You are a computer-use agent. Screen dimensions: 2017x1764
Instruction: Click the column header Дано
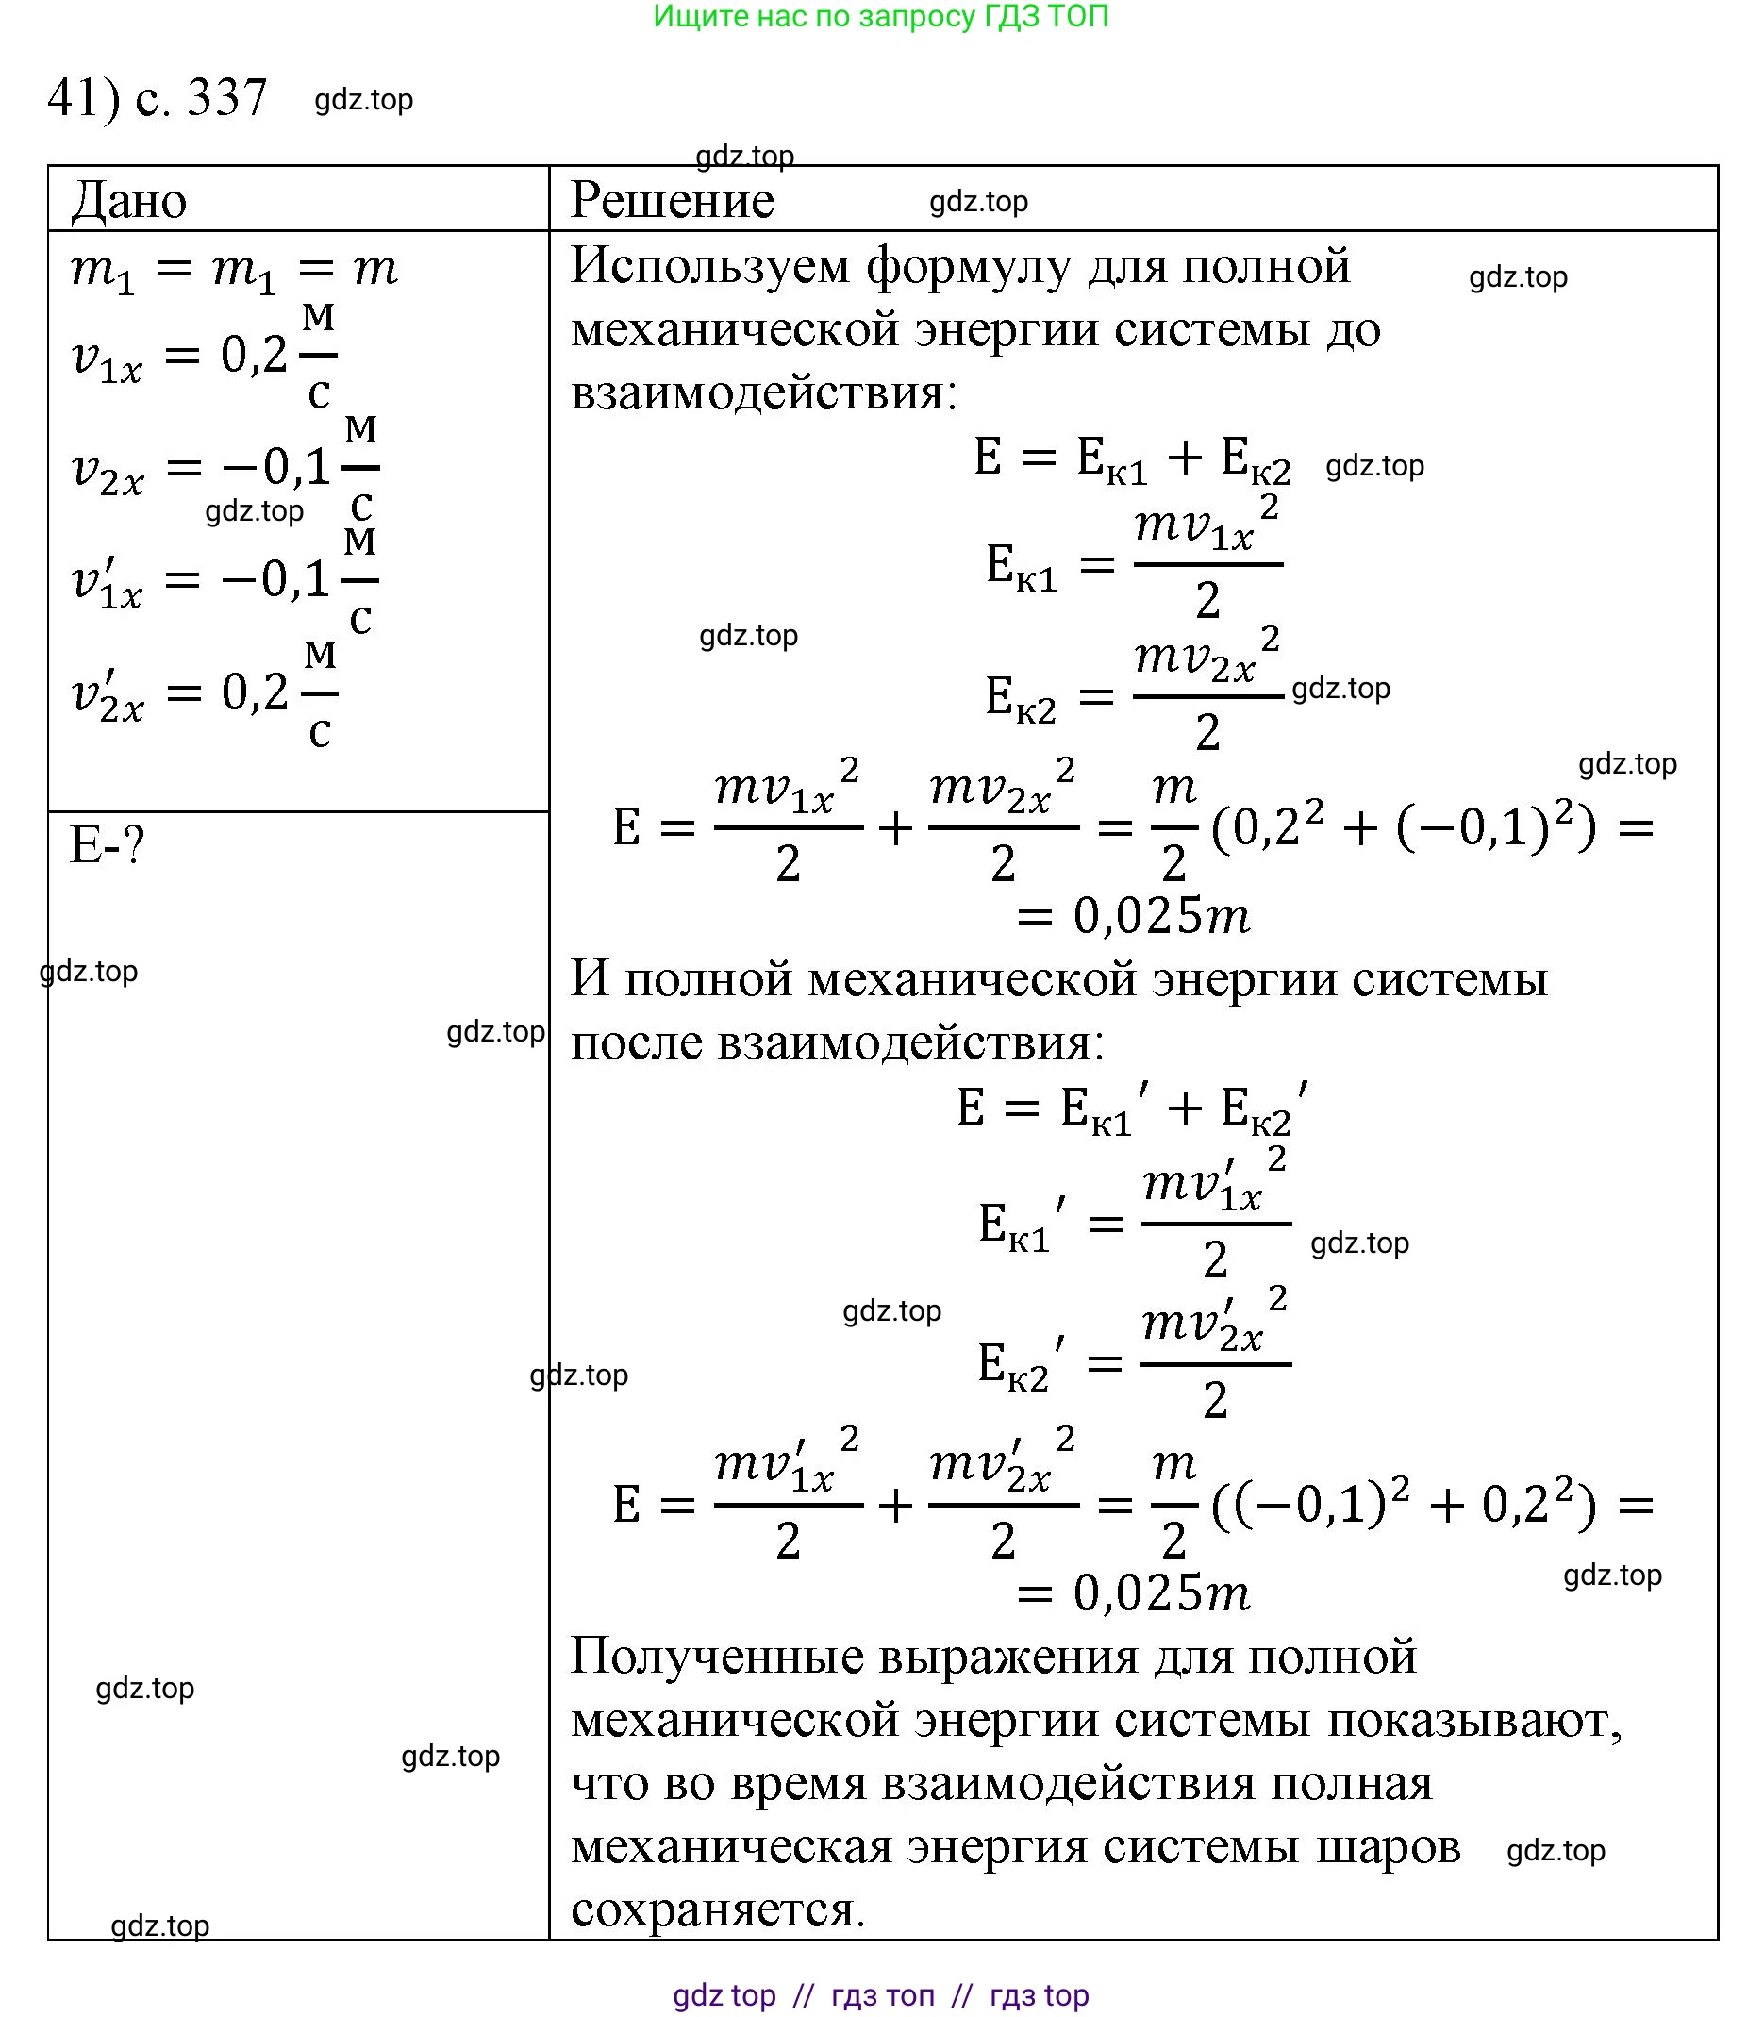(129, 201)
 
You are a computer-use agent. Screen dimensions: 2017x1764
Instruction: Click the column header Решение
(673, 201)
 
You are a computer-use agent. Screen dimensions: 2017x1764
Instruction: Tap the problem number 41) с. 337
(158, 97)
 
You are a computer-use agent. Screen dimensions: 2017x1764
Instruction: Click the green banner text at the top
(881, 17)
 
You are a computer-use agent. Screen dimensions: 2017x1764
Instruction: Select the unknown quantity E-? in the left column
(108, 845)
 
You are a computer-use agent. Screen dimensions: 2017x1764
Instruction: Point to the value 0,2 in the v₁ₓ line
(253, 356)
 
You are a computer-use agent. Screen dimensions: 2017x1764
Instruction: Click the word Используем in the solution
(709, 266)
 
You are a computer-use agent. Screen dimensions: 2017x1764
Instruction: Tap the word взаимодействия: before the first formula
(764, 392)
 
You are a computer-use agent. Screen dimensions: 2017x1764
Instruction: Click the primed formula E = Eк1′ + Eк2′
(1132, 1108)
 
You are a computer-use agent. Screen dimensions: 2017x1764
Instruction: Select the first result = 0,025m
(1132, 916)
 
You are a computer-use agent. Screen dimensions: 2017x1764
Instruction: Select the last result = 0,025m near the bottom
(1132, 1592)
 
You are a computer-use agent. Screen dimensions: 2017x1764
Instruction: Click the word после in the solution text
(636, 1042)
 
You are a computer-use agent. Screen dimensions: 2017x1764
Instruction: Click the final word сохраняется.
(718, 1909)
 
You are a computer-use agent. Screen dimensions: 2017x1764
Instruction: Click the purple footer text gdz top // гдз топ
(881, 1994)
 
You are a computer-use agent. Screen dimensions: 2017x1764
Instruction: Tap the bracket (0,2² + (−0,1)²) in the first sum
(1403, 826)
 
